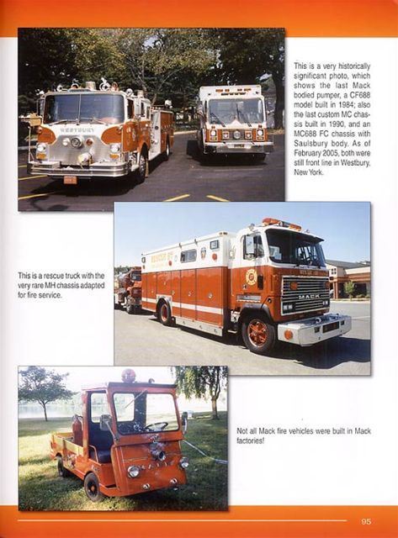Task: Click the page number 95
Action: click(x=366, y=521)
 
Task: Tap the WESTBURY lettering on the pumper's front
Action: click(x=77, y=130)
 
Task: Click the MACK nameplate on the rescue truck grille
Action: click(x=309, y=296)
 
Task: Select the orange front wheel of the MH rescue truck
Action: click(x=258, y=334)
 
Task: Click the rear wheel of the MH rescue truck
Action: click(x=164, y=313)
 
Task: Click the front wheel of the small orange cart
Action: click(x=93, y=487)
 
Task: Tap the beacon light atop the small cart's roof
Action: click(x=129, y=376)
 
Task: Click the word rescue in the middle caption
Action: click(x=50, y=276)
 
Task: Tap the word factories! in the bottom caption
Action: click(x=251, y=440)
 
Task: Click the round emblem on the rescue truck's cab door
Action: click(x=251, y=277)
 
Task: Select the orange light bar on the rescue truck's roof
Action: click(x=282, y=224)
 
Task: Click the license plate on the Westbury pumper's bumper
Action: click(x=70, y=180)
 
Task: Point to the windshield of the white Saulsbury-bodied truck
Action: click(x=236, y=112)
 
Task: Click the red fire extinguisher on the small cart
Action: click(x=77, y=429)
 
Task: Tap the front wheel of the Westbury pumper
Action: click(x=142, y=168)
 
